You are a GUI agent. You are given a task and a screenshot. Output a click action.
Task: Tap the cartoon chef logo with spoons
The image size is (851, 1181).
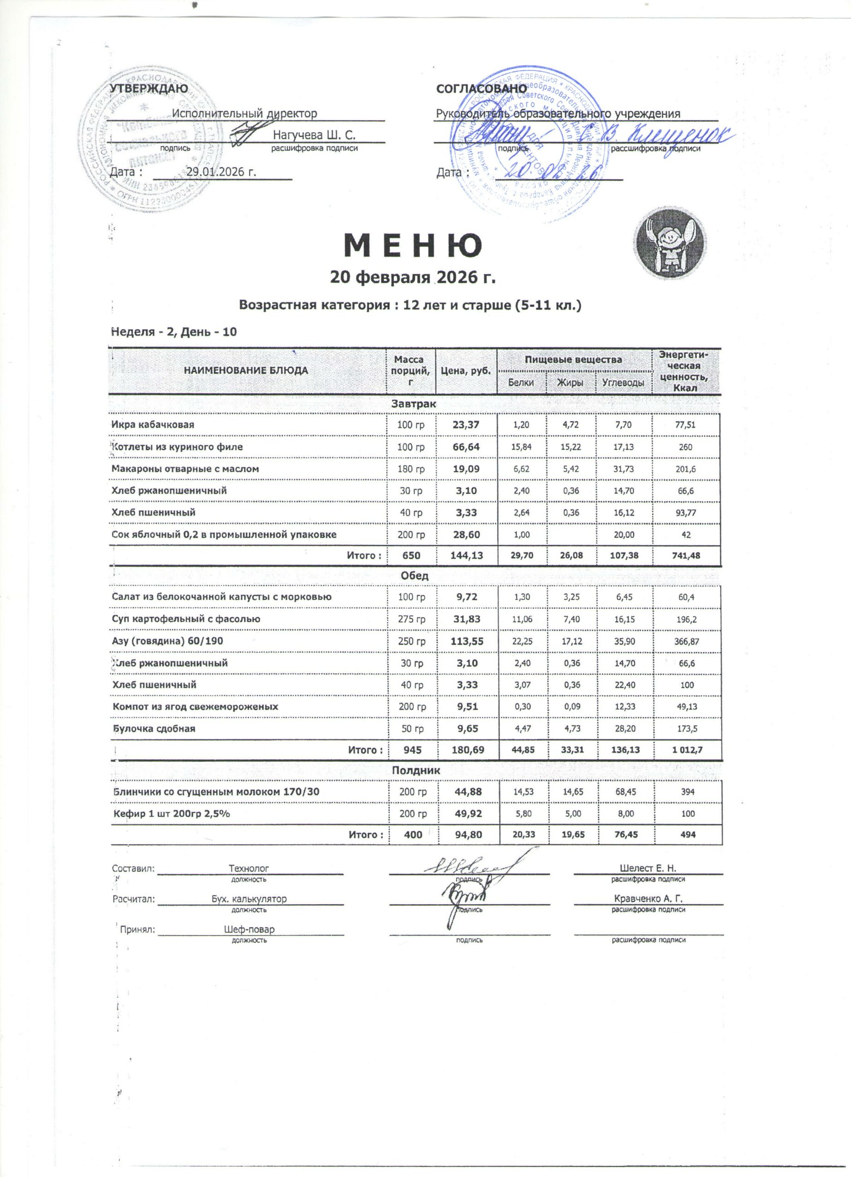pyautogui.click(x=670, y=243)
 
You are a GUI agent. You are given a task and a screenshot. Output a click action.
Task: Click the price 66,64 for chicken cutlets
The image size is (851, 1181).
pyautogui.click(x=466, y=447)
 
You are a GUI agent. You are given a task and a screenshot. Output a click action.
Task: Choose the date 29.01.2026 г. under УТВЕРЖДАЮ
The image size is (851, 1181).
pyautogui.click(x=221, y=172)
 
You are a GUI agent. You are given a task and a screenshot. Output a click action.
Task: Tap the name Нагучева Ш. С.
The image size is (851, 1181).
pyautogui.click(x=315, y=135)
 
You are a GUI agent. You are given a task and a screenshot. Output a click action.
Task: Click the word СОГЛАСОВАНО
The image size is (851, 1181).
pyautogui.click(x=482, y=89)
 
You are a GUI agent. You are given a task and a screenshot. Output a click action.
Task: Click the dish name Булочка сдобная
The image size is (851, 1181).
pyautogui.click(x=154, y=728)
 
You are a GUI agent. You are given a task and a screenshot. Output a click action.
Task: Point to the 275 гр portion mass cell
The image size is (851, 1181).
pyautogui.click(x=411, y=619)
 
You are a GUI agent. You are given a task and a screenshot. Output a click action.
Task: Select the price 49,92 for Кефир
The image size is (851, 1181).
pyautogui.click(x=467, y=813)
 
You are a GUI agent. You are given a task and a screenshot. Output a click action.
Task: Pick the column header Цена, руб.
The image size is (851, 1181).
pyautogui.click(x=466, y=371)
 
